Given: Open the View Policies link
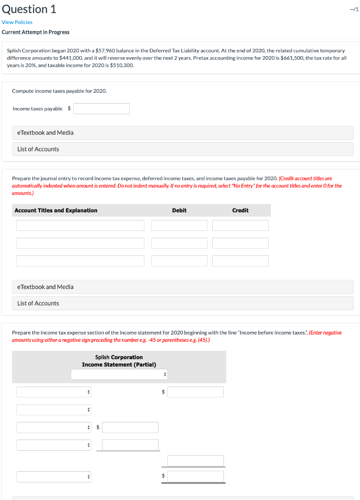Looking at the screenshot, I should coord(17,22).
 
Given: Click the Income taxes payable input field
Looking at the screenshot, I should coord(101,108).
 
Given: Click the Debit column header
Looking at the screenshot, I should coord(179,210).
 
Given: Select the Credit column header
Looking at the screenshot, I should coord(240,210).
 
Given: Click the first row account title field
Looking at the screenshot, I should coord(80,225).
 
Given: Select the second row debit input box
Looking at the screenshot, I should coord(179,243).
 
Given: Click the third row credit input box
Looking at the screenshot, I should coord(240,261).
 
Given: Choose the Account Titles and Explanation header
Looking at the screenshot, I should coord(56,210).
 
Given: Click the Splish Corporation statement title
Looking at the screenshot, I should coord(119,357).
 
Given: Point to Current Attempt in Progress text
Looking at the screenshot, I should coord(36,32).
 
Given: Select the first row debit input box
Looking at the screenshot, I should coord(179,225).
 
